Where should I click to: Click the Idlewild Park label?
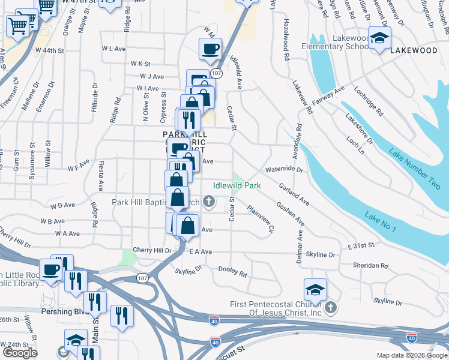[x=237, y=186]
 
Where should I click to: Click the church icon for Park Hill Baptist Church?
[x=209, y=202]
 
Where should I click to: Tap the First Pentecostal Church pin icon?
[x=331, y=308]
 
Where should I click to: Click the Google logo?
[x=20, y=352]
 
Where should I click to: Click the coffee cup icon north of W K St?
[x=210, y=50]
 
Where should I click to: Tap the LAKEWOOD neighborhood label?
[x=414, y=51]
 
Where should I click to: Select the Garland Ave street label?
[x=294, y=196]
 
